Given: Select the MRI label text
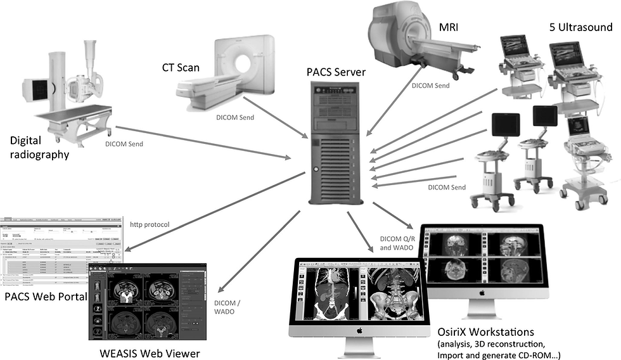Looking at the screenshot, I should tap(450, 28).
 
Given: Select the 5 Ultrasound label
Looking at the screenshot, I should tap(580, 27).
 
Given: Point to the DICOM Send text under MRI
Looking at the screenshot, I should tap(431, 85).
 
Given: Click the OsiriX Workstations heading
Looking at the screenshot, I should tap(486, 332).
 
